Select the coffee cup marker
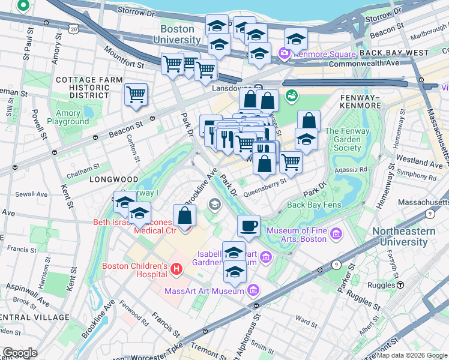[249, 226]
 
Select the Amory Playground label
[68, 117]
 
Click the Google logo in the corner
[20, 353]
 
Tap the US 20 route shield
[73, 28]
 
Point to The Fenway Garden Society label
[343, 139]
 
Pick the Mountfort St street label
[124, 58]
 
